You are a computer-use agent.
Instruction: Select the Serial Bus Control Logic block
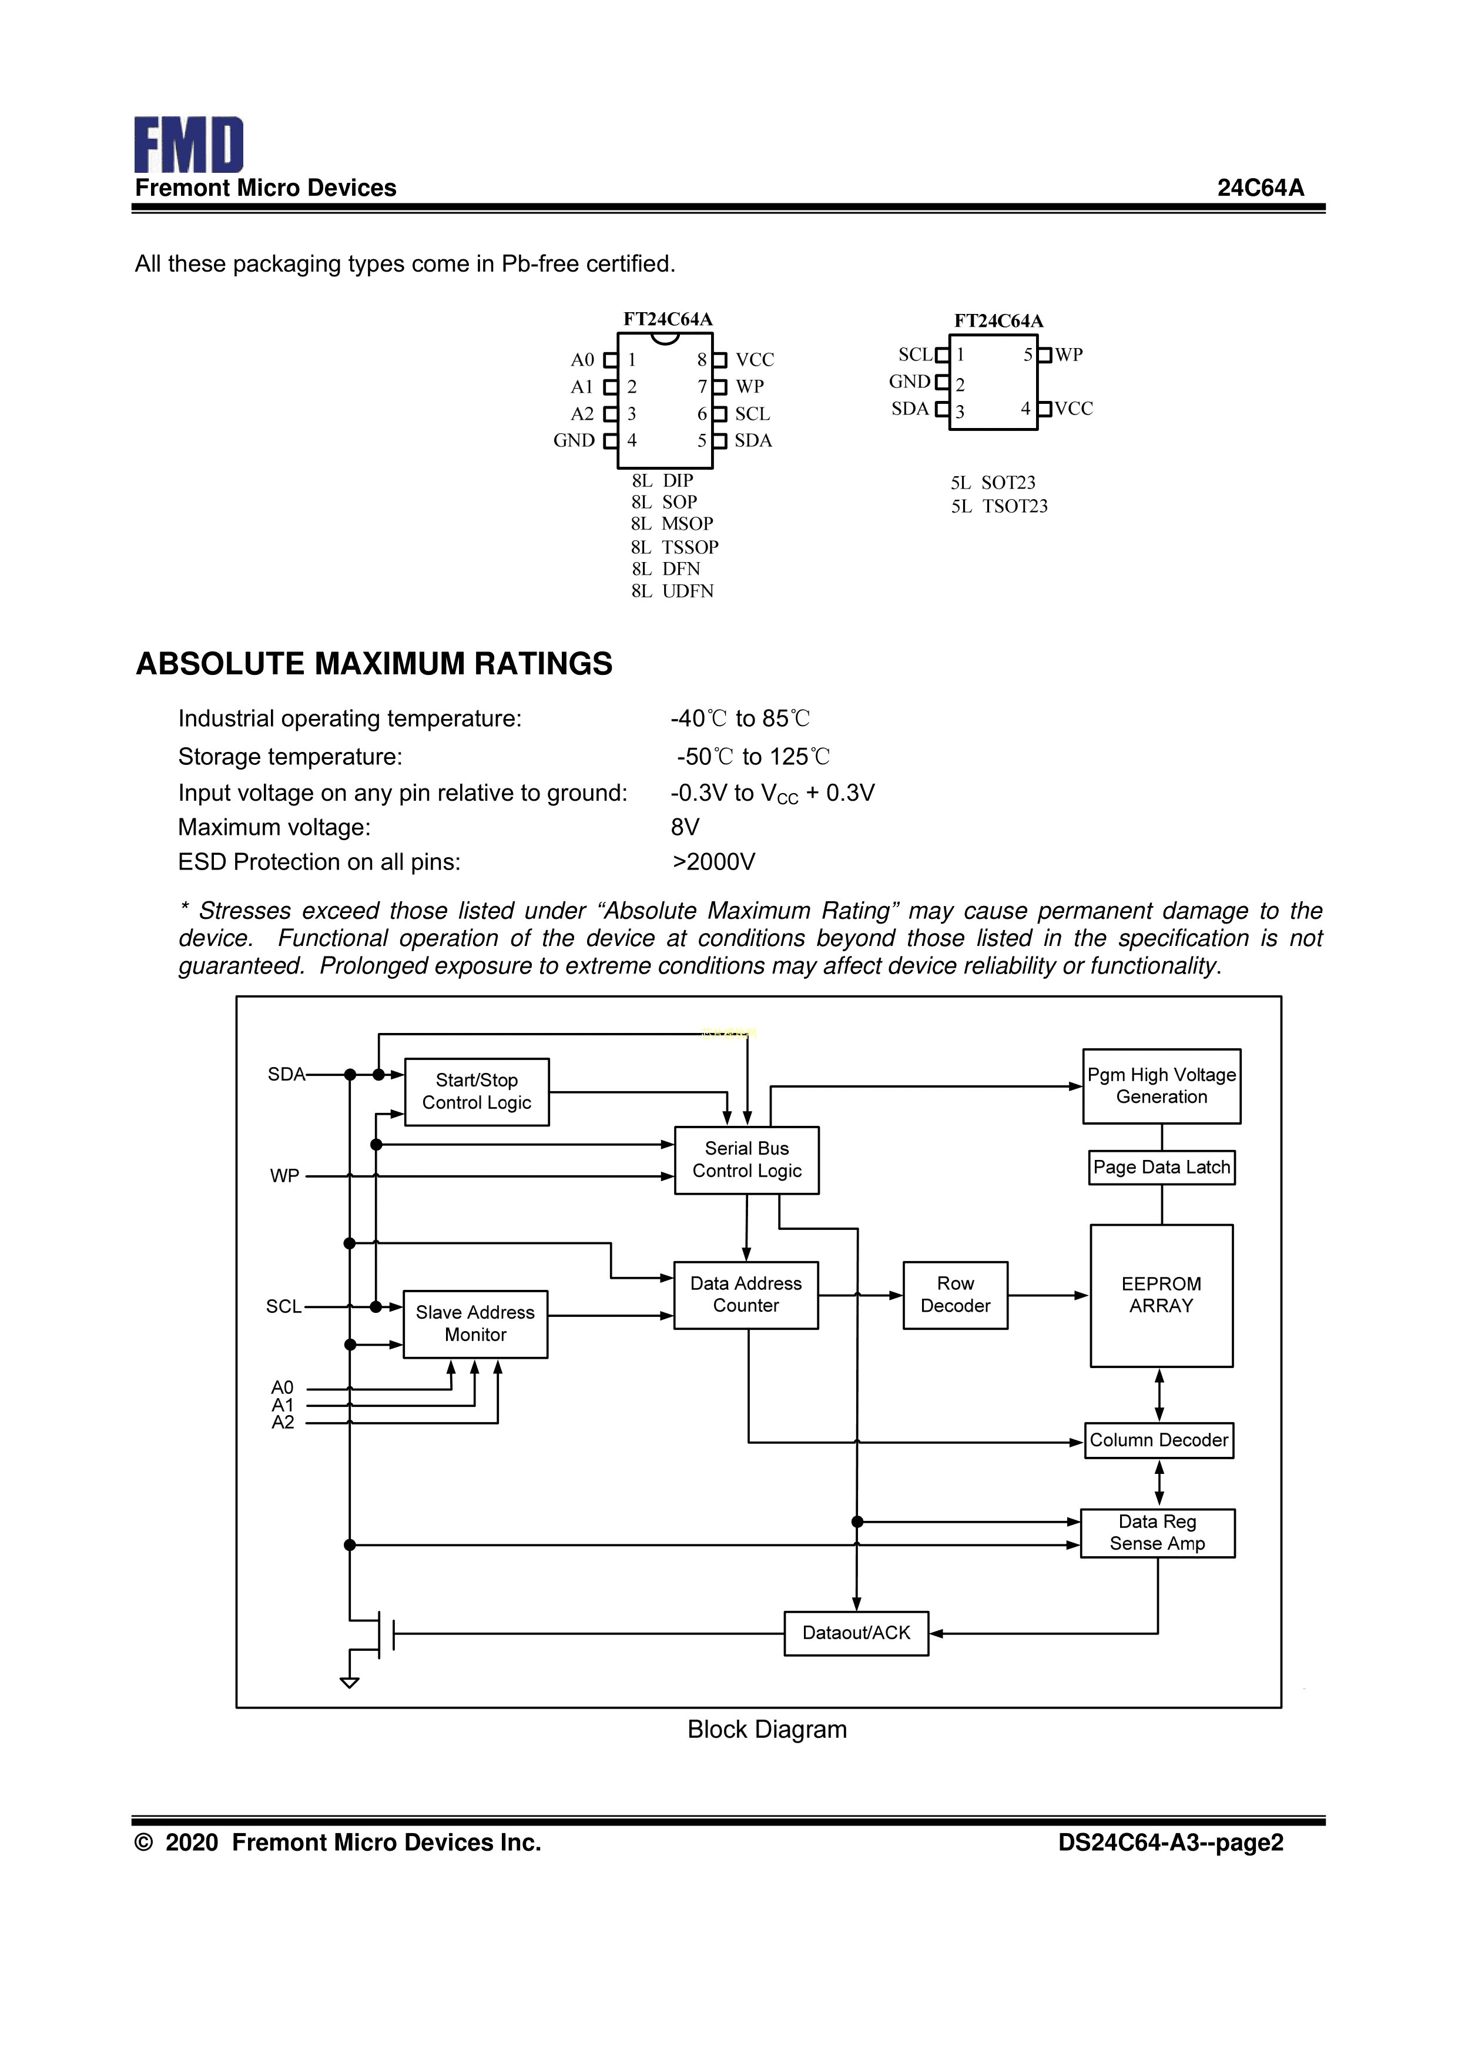tap(746, 1160)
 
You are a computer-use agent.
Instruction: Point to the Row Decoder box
tap(955, 1295)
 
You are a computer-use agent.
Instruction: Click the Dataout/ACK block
tap(856, 1633)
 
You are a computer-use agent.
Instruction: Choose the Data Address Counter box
tap(746, 1295)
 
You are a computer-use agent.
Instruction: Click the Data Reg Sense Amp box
tap(1157, 1532)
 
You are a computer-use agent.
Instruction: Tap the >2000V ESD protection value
tap(713, 862)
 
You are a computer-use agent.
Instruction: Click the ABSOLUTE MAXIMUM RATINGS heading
tap(374, 663)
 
